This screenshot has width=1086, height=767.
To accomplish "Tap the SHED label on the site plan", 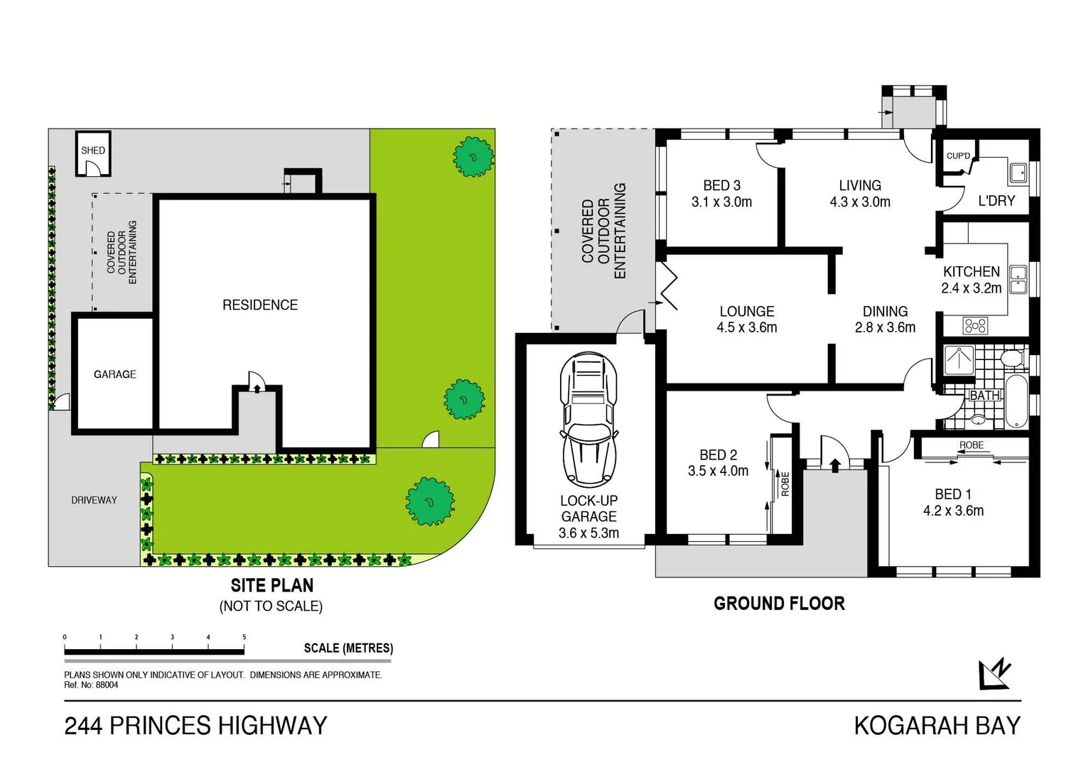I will [93, 151].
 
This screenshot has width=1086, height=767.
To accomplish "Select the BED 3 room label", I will [721, 194].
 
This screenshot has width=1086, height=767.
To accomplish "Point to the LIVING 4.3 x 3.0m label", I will [860, 194].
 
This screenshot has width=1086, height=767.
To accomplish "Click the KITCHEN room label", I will [971, 280].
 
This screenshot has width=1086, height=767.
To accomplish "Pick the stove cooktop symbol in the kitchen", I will [975, 326].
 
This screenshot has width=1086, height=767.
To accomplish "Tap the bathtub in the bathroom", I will [1017, 401].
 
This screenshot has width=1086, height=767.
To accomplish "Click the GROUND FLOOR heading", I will [779, 604].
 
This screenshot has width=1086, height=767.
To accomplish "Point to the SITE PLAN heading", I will [271, 586].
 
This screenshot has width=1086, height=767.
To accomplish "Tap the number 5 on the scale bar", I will [244, 637].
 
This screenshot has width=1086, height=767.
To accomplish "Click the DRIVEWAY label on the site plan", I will [94, 500].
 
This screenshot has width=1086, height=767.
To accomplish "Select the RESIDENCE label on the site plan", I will [260, 305].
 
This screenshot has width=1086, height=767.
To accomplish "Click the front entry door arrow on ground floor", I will [835, 465].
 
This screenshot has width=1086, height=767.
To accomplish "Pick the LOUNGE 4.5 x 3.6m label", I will [746, 320].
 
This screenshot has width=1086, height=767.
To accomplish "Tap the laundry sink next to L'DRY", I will [1018, 172].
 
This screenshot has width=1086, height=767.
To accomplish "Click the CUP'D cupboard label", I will [958, 156].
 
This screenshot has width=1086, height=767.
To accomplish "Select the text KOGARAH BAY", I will [937, 726].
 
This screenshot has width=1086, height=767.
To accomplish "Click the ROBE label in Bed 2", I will [785, 484].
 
